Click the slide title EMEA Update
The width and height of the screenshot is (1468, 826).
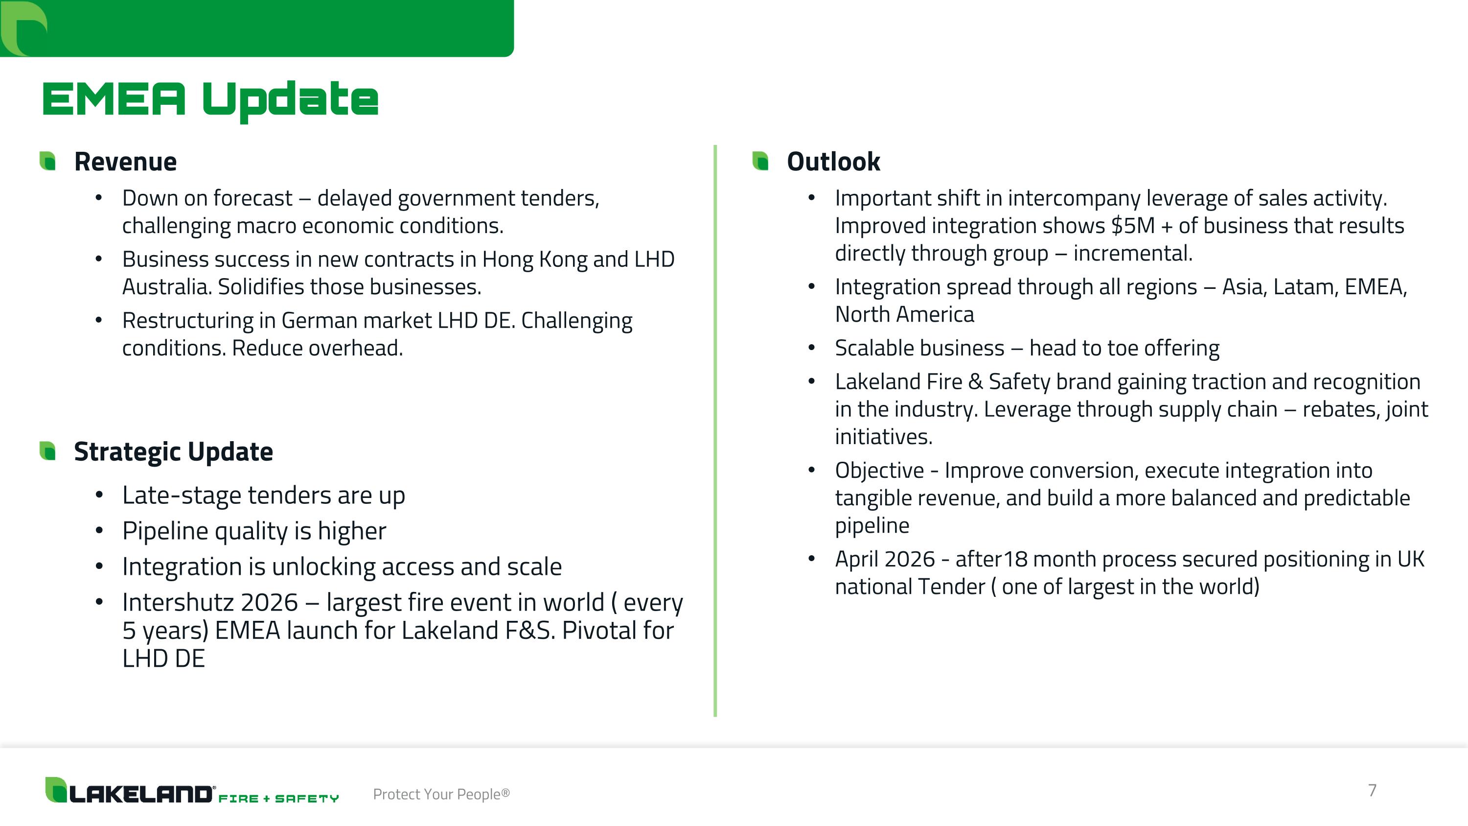point(210,100)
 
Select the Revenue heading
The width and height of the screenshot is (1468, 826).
point(125,162)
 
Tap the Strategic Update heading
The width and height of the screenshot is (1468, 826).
point(173,451)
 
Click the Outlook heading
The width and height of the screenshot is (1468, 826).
point(833,162)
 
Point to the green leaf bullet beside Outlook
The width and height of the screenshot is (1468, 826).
point(760,161)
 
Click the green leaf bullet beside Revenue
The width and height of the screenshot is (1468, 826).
point(48,161)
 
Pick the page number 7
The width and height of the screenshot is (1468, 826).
point(1372,790)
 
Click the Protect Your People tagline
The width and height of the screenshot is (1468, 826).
point(441,794)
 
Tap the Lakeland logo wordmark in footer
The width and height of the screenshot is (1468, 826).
point(139,793)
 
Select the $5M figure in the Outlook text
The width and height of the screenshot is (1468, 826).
point(1133,226)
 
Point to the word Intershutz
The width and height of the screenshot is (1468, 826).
point(210,603)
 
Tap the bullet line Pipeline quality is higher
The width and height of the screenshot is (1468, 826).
point(253,531)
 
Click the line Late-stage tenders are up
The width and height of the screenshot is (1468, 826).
point(263,496)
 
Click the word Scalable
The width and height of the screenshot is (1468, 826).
point(919,348)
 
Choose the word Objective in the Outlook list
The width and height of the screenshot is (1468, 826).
point(879,471)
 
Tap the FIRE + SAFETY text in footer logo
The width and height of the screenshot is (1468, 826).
point(278,799)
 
